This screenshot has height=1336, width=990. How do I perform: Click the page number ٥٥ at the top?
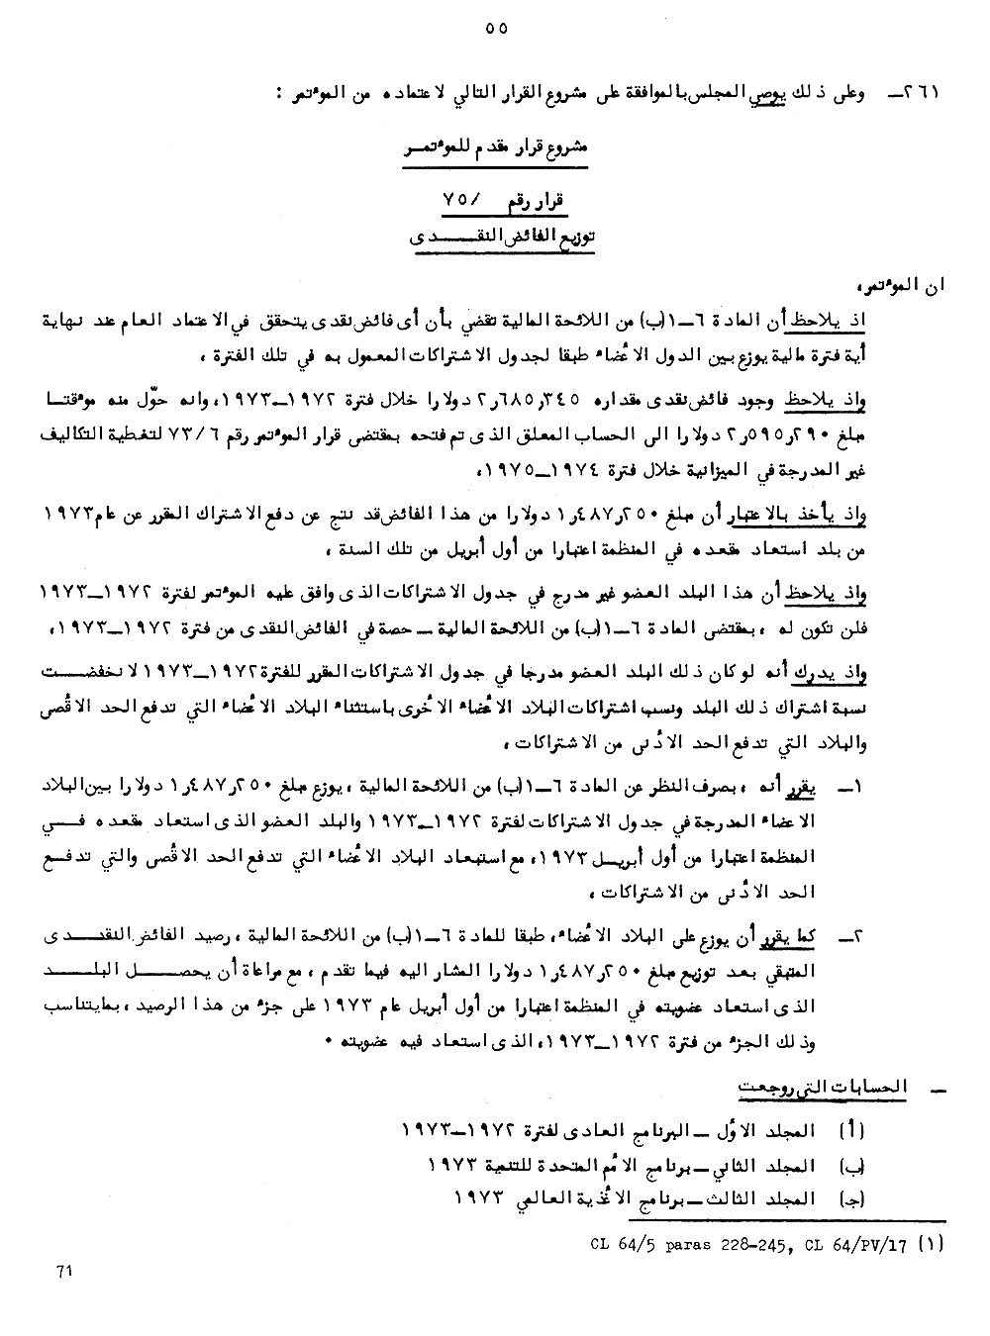497,29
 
